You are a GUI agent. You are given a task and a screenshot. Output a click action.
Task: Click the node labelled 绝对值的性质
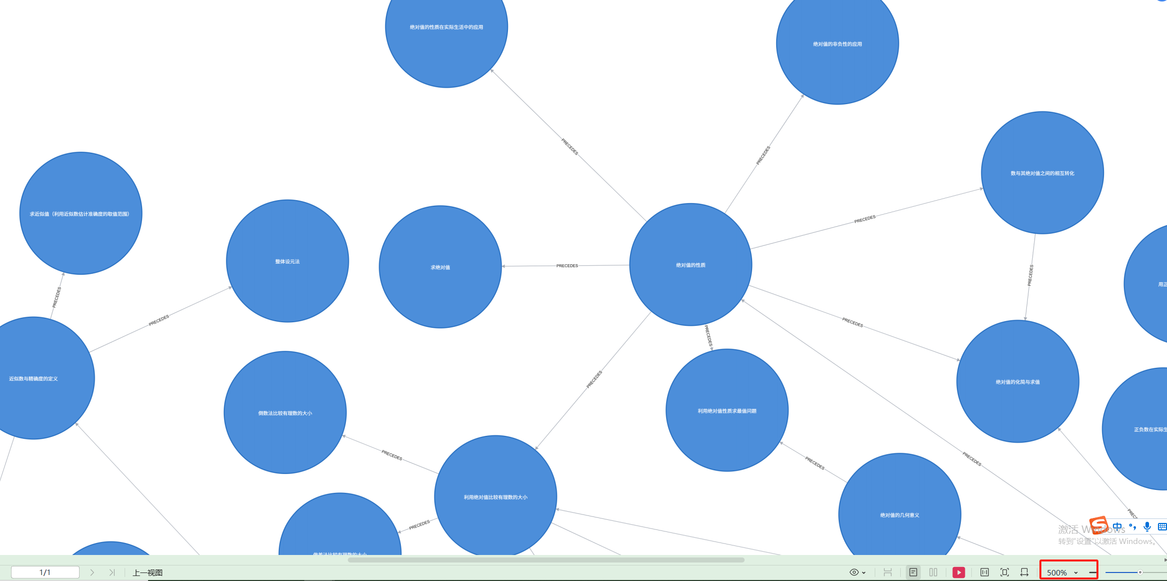(x=691, y=265)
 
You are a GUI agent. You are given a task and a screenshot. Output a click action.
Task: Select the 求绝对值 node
(x=440, y=267)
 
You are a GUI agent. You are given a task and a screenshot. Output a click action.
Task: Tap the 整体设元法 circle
(x=287, y=261)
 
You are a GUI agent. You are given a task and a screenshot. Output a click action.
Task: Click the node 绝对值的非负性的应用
(x=837, y=44)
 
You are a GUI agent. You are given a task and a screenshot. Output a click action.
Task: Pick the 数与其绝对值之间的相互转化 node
(x=1042, y=173)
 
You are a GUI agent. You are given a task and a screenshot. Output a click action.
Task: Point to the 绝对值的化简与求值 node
(x=1017, y=382)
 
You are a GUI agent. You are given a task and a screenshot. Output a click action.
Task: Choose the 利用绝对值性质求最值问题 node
(x=727, y=411)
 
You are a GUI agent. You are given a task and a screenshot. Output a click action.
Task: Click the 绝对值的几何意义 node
(x=899, y=514)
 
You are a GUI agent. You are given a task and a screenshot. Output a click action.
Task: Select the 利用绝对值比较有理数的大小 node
(x=495, y=497)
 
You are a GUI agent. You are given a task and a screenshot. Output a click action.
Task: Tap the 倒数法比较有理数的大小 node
(x=285, y=413)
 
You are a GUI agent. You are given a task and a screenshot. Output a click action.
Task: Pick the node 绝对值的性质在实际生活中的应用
(x=446, y=27)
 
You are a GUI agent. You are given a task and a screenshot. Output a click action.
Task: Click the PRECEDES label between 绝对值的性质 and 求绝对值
(x=567, y=266)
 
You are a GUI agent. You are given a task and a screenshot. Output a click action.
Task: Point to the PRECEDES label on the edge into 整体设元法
(x=159, y=320)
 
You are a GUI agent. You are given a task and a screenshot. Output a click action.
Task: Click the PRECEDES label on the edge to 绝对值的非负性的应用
(x=763, y=155)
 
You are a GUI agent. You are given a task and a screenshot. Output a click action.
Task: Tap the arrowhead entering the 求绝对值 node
(x=504, y=266)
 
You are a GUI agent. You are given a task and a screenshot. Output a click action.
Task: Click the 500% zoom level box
(x=1061, y=572)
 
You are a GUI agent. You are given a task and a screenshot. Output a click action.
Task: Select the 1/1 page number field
(x=45, y=572)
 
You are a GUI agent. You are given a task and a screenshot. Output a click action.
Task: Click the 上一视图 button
(x=147, y=572)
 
